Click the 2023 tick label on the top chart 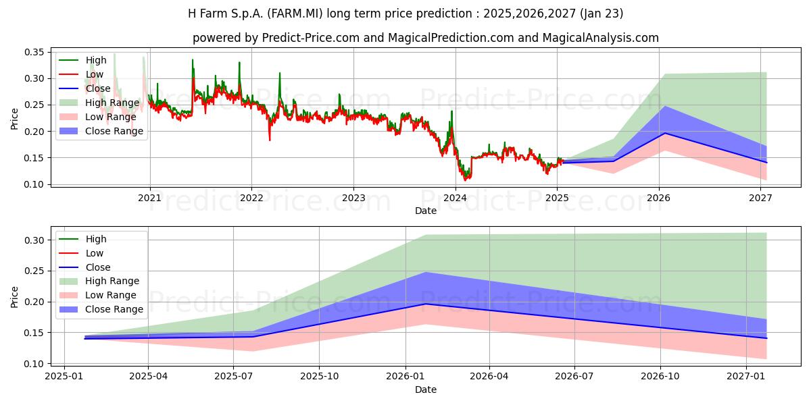[x=353, y=198]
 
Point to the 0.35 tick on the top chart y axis [x=34, y=53]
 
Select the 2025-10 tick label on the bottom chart [x=319, y=377]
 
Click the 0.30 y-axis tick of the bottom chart [x=34, y=240]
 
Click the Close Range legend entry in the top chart [x=101, y=131]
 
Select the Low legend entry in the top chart [x=81, y=74]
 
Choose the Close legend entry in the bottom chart [x=84, y=267]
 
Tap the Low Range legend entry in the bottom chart [x=98, y=295]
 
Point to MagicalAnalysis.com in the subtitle [x=600, y=38]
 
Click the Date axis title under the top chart [x=426, y=211]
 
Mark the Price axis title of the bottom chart [x=14, y=297]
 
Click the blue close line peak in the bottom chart [x=426, y=304]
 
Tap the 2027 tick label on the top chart [x=761, y=198]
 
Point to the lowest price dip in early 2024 [x=465, y=180]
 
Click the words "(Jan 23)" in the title [x=601, y=13]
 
